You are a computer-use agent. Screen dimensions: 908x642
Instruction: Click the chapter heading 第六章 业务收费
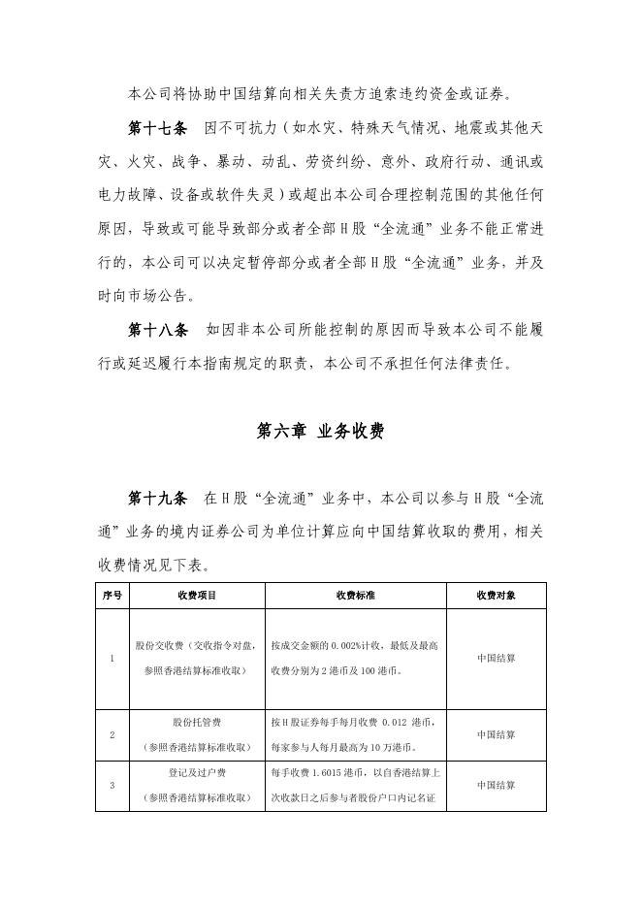click(320, 432)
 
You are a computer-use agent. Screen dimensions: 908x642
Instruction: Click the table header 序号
click(112, 595)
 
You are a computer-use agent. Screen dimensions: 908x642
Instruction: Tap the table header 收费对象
click(496, 595)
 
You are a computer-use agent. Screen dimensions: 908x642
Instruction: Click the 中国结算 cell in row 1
click(496, 658)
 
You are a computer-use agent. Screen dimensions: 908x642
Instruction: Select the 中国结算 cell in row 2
click(496, 734)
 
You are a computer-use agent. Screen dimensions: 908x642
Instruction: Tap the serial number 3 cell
click(112, 785)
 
